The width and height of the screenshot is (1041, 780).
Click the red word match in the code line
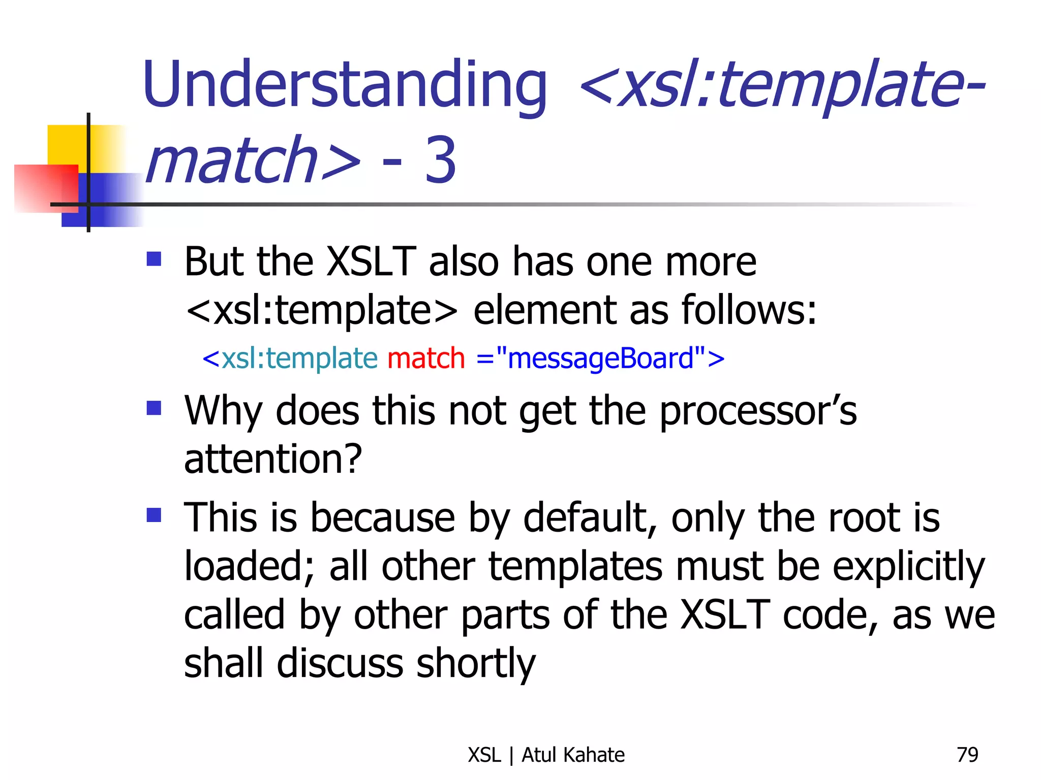click(426, 359)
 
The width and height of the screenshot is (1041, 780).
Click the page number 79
click(967, 755)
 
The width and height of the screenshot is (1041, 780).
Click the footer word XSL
click(484, 755)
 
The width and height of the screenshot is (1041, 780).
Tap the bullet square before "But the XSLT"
click(154, 259)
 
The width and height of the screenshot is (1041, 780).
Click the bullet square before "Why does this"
click(154, 408)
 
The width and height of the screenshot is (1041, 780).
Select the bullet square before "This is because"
click(154, 515)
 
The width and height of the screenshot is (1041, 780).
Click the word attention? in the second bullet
click(273, 459)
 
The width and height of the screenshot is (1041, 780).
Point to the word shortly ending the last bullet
click(476, 664)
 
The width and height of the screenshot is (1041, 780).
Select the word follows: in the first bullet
click(748, 310)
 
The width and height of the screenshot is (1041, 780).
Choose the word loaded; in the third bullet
click(249, 567)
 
